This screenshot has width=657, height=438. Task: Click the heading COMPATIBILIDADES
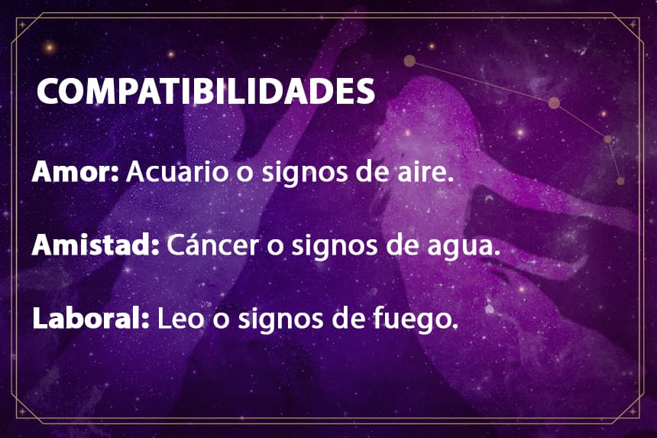coord(206,91)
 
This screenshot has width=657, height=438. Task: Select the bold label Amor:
coord(76,171)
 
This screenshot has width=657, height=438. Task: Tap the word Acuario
coord(177,171)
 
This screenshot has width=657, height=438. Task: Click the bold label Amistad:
coord(95,245)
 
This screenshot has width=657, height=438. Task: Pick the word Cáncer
coord(212,245)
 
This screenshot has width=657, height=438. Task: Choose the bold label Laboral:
coord(91,318)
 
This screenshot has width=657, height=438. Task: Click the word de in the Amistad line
coord(403,245)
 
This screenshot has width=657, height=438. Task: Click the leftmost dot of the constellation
coord(409,61)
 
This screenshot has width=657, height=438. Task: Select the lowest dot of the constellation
coord(620,181)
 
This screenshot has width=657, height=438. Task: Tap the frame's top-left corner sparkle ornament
coord(22,25)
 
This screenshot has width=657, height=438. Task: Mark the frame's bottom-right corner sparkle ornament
coord(633,411)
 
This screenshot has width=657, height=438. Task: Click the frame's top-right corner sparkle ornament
coord(633,25)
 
